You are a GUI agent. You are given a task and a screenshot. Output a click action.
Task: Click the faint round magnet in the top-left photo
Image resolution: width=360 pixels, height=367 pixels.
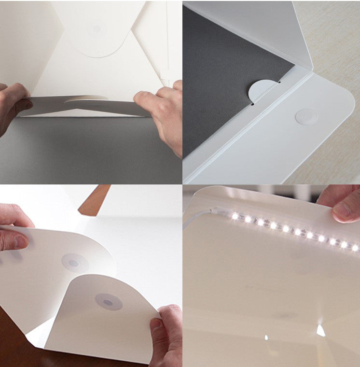pos(97,29)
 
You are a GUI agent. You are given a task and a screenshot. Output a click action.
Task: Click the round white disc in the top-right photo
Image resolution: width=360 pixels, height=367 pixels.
pos(306,117)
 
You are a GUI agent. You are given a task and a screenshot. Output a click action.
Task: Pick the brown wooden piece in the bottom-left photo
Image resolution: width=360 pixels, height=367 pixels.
pos(95,200)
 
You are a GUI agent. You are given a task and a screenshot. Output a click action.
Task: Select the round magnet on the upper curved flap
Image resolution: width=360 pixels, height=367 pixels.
pos(74,263)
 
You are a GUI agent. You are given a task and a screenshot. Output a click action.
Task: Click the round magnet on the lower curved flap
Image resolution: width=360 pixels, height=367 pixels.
pos(108,302)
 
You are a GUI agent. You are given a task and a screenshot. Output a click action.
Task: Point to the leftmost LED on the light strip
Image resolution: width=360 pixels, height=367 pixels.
pos(235,216)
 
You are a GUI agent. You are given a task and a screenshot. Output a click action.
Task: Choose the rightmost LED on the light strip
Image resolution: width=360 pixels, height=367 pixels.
pos(355,248)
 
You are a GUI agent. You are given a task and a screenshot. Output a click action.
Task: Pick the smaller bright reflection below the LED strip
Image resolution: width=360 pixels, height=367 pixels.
pos(266,337)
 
